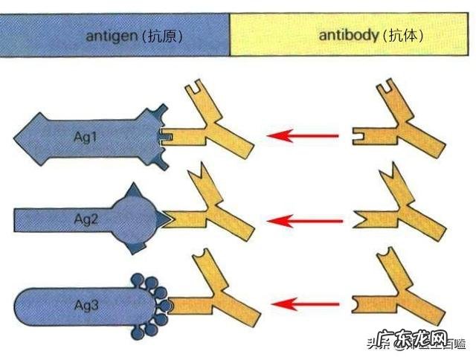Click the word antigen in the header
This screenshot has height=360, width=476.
click(111, 36)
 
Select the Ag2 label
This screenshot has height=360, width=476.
click(85, 220)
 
